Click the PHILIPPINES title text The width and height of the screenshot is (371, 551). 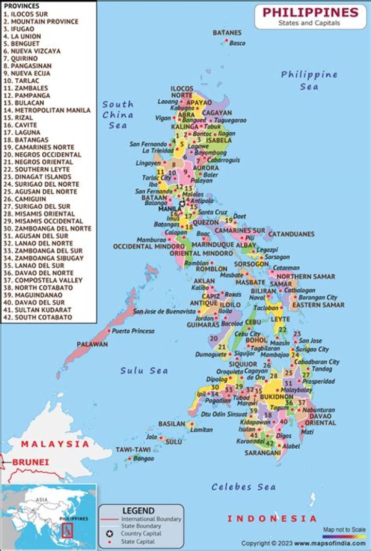[310, 12]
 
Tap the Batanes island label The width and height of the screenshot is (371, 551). [227, 33]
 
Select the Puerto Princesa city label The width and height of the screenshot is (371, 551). [133, 331]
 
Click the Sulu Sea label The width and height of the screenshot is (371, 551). [144, 370]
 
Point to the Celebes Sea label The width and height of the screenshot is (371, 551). [243, 487]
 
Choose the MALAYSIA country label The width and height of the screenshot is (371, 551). [55, 443]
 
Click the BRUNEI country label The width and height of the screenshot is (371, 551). [31, 462]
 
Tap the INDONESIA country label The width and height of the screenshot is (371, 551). [272, 519]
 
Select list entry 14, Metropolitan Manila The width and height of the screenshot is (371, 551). [46, 110]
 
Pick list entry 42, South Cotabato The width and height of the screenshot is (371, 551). [37, 317]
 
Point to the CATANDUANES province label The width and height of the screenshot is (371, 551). [291, 234]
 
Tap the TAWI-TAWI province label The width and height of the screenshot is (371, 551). [133, 450]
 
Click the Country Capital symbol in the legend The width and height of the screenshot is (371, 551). [110, 534]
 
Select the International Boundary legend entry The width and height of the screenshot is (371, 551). [151, 519]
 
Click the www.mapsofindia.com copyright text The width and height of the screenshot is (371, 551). [331, 543]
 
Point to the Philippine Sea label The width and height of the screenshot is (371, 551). [309, 80]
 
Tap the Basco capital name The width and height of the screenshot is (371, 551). [237, 43]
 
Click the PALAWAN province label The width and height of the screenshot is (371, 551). [92, 344]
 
